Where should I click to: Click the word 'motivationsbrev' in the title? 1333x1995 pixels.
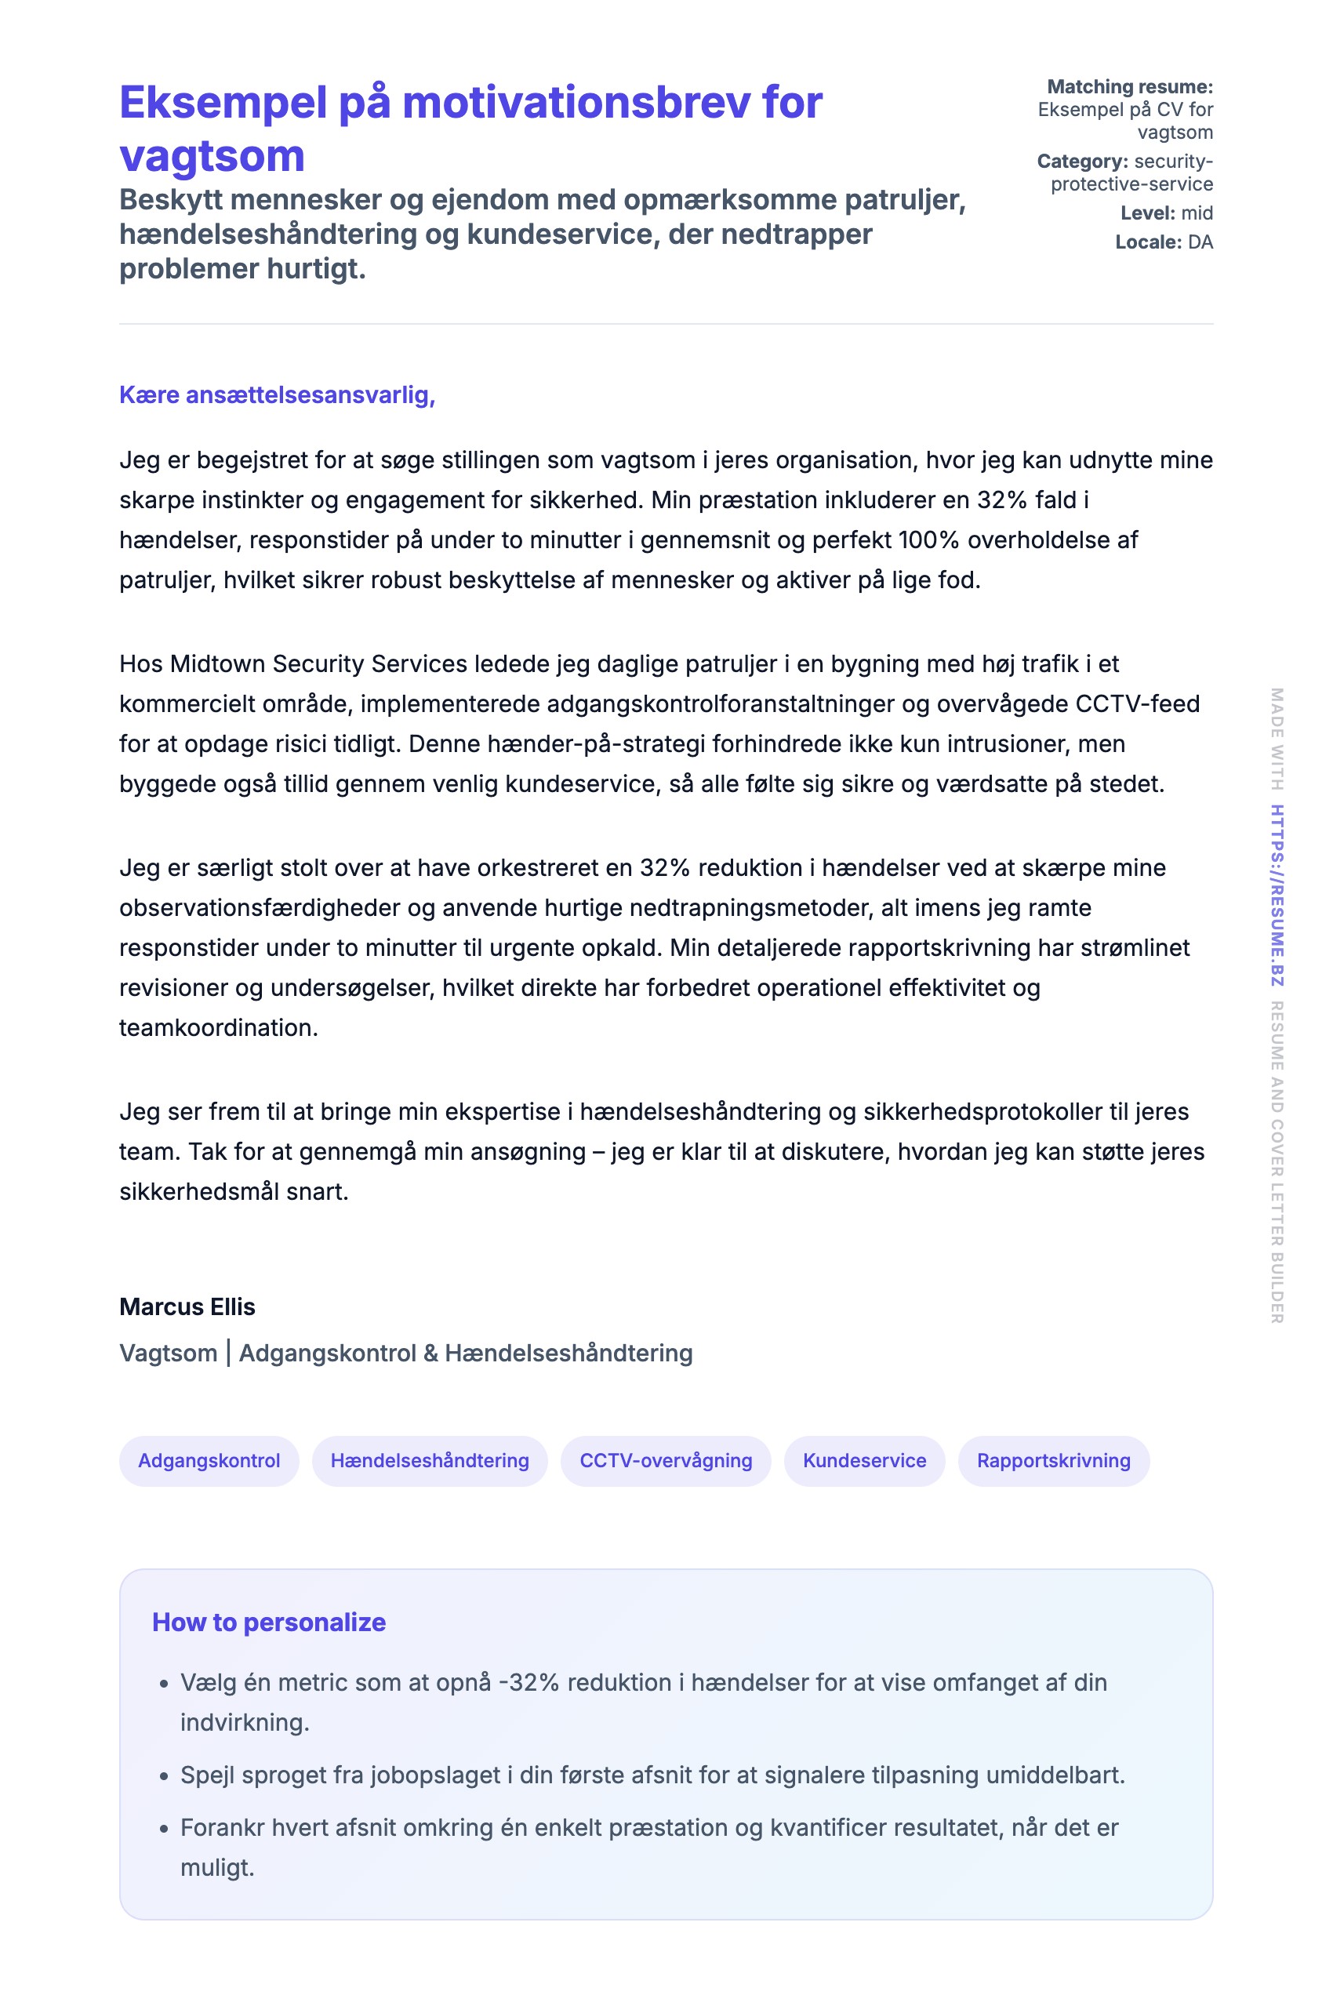[x=576, y=103]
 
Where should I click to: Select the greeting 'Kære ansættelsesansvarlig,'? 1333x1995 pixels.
[x=277, y=394]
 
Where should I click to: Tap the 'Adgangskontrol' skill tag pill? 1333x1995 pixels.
[x=209, y=1460]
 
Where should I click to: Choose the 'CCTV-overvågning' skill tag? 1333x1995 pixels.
[x=666, y=1460]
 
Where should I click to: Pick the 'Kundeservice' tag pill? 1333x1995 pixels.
[x=865, y=1460]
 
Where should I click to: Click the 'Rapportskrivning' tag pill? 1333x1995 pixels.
[x=1053, y=1460]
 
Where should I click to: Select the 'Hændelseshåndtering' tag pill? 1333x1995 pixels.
[x=430, y=1460]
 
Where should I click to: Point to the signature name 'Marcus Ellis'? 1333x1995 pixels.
[x=187, y=1306]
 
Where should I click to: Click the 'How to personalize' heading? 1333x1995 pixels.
[x=269, y=1622]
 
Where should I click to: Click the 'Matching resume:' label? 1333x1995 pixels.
[x=1129, y=87]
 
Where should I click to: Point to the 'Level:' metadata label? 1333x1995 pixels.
[x=1147, y=213]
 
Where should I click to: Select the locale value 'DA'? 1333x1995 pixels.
[x=1200, y=242]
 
